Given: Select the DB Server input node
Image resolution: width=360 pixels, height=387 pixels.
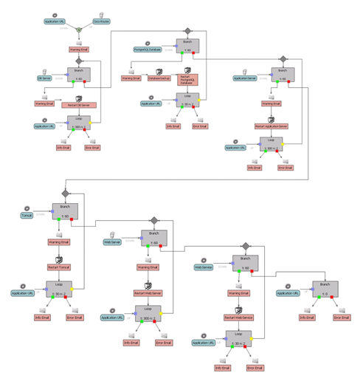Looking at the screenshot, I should pos(44,78).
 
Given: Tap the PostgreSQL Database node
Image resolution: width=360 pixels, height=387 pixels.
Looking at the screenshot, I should pos(147,49).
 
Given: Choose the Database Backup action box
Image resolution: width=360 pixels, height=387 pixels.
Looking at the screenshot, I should pos(159,78).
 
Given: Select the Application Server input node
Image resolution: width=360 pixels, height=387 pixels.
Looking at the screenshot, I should pos(246,78).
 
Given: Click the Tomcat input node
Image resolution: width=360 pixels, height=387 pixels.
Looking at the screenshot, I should pos(29,215).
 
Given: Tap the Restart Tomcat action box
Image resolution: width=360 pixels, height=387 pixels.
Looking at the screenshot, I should pos(60,266).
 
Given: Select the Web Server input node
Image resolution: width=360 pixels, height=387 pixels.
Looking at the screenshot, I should pos(111,241).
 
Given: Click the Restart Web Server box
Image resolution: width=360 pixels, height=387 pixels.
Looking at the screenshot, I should pos(148,293).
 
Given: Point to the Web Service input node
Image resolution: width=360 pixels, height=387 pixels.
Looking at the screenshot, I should pos(205,267).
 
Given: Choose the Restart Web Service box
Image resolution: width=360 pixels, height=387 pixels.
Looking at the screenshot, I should pos(239,318).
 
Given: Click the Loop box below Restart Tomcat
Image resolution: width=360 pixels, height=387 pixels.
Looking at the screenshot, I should pos(59,289).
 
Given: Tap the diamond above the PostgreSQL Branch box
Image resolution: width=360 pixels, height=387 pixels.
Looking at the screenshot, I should pos(187,30).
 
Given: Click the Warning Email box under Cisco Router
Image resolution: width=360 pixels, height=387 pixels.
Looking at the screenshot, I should pos(79,49).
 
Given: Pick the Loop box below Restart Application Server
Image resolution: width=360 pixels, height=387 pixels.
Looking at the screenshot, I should pos(271,145).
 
